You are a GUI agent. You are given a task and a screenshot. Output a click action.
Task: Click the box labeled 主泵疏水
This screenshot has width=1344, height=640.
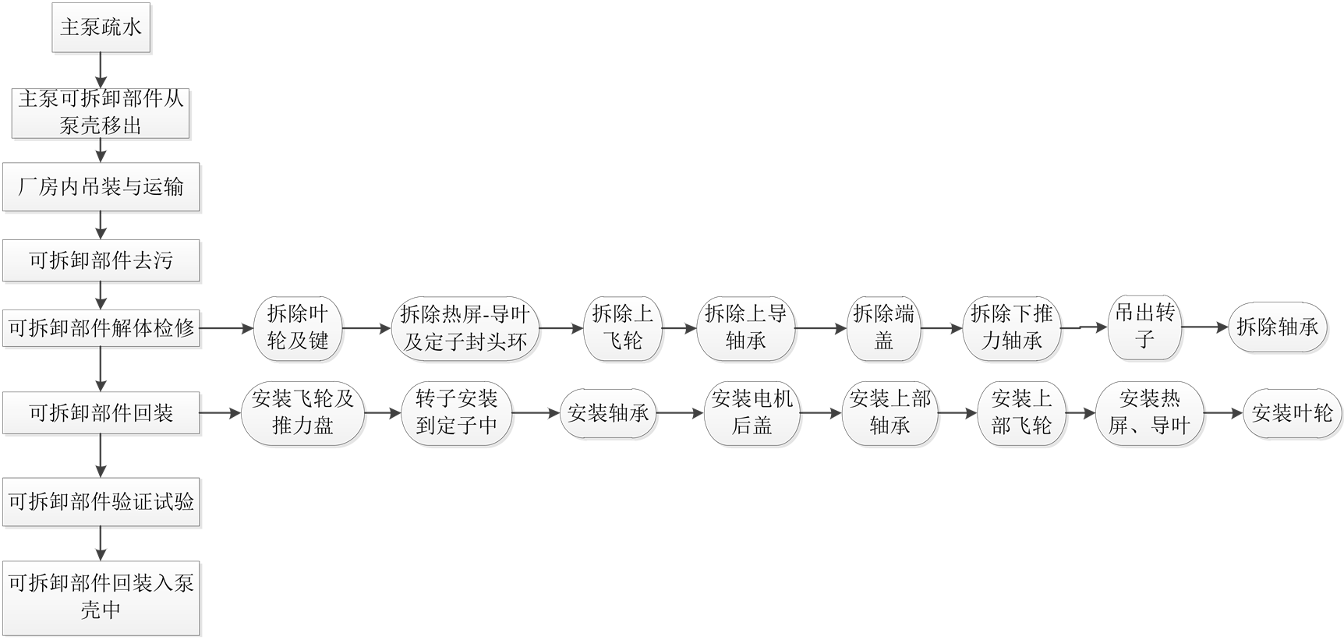pos(101,28)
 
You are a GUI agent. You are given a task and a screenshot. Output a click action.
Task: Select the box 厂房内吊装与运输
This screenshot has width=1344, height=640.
pos(101,187)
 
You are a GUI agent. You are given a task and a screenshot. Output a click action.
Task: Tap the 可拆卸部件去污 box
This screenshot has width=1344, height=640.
pos(101,260)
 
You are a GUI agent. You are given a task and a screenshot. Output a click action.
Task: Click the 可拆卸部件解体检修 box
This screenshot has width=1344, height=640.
pos(101,328)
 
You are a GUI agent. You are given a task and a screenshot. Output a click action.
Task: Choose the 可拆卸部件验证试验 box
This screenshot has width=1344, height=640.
pos(101,501)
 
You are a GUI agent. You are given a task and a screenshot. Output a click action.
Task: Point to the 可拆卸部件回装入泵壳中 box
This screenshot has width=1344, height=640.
pos(101,596)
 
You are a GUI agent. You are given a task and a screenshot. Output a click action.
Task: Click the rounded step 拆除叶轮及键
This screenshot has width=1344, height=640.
pos(298,328)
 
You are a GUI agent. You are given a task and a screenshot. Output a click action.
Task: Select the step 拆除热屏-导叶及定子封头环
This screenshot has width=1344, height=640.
pos(465,328)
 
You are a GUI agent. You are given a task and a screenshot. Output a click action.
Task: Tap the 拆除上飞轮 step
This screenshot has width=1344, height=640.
pos(623,328)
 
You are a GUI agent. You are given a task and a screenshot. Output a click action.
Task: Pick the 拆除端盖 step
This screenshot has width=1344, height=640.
pos(884,328)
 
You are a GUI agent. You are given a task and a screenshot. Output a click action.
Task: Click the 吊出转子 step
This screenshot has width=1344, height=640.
pos(1144,327)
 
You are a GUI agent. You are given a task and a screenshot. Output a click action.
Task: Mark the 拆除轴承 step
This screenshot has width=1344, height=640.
pos(1278,327)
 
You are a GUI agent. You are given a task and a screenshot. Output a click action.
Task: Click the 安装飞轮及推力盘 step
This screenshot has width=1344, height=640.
pos(302,413)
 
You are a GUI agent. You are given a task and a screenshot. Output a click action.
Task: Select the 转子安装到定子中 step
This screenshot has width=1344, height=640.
pos(456,413)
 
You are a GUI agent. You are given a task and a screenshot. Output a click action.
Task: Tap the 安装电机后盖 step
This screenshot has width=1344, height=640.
pos(752,413)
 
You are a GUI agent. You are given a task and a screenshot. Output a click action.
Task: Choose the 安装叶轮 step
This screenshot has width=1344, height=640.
pos(1292,413)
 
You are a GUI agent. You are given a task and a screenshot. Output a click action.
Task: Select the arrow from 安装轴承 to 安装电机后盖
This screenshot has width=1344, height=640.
pos(679,413)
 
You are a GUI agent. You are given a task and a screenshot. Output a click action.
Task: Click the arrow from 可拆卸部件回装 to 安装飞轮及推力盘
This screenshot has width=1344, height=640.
pos(221,413)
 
